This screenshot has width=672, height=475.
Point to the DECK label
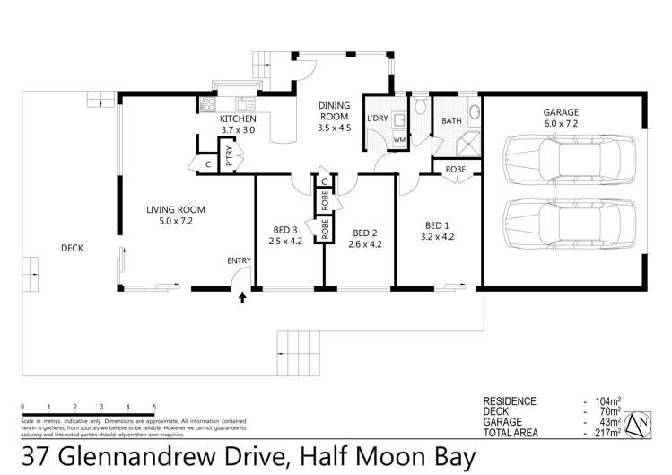74,249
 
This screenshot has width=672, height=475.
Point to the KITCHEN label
239,119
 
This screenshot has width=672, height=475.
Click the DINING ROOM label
335,110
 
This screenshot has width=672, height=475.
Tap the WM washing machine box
398,140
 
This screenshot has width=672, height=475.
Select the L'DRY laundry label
378,119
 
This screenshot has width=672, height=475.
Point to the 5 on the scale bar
155,407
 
